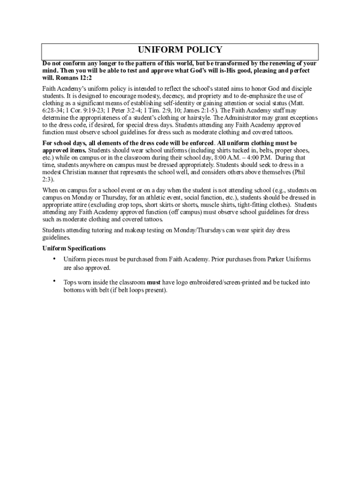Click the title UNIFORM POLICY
pyautogui.click(x=180, y=50)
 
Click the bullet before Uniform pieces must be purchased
pyautogui.click(x=54, y=259)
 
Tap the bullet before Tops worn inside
pyautogui.click(x=54, y=282)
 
